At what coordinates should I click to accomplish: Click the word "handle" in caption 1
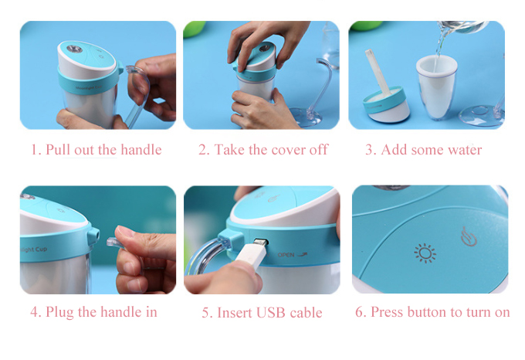click(141, 150)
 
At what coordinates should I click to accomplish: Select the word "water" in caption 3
click(465, 150)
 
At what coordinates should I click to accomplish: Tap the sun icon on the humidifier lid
click(425, 253)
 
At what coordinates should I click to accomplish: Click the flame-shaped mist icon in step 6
click(469, 236)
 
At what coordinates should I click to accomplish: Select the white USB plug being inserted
click(252, 256)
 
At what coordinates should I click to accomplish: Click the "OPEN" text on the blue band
click(286, 255)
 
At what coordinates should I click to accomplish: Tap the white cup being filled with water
click(437, 87)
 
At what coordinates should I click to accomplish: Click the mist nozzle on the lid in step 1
click(74, 49)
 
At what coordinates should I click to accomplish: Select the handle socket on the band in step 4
click(93, 234)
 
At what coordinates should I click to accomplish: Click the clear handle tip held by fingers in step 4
click(113, 242)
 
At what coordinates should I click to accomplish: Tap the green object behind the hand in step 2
click(195, 28)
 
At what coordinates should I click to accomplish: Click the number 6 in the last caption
click(359, 312)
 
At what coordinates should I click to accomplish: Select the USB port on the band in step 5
click(261, 242)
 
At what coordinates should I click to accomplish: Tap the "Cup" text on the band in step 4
click(41, 250)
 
